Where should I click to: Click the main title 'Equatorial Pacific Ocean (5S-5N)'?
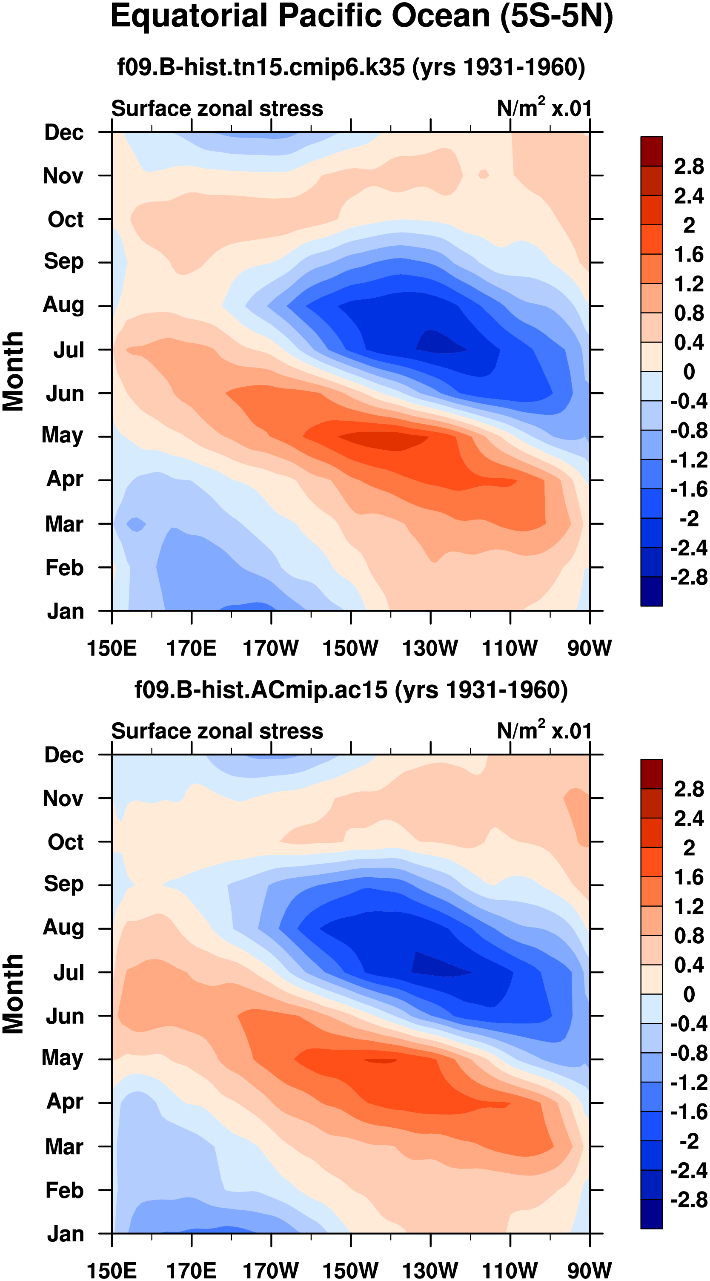361,17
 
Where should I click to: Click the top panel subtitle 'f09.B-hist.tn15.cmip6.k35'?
261,67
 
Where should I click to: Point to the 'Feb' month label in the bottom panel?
64,1190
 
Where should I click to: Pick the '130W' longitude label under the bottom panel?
430,1270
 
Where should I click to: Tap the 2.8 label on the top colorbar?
689,167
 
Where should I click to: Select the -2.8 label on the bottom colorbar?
689,1200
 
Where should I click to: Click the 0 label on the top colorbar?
689,371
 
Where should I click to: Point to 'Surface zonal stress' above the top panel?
217,109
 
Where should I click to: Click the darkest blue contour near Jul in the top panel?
438,343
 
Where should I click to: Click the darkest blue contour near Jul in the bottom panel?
435,965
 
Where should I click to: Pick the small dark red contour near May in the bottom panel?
381,1061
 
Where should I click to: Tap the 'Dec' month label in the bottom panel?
64,755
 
